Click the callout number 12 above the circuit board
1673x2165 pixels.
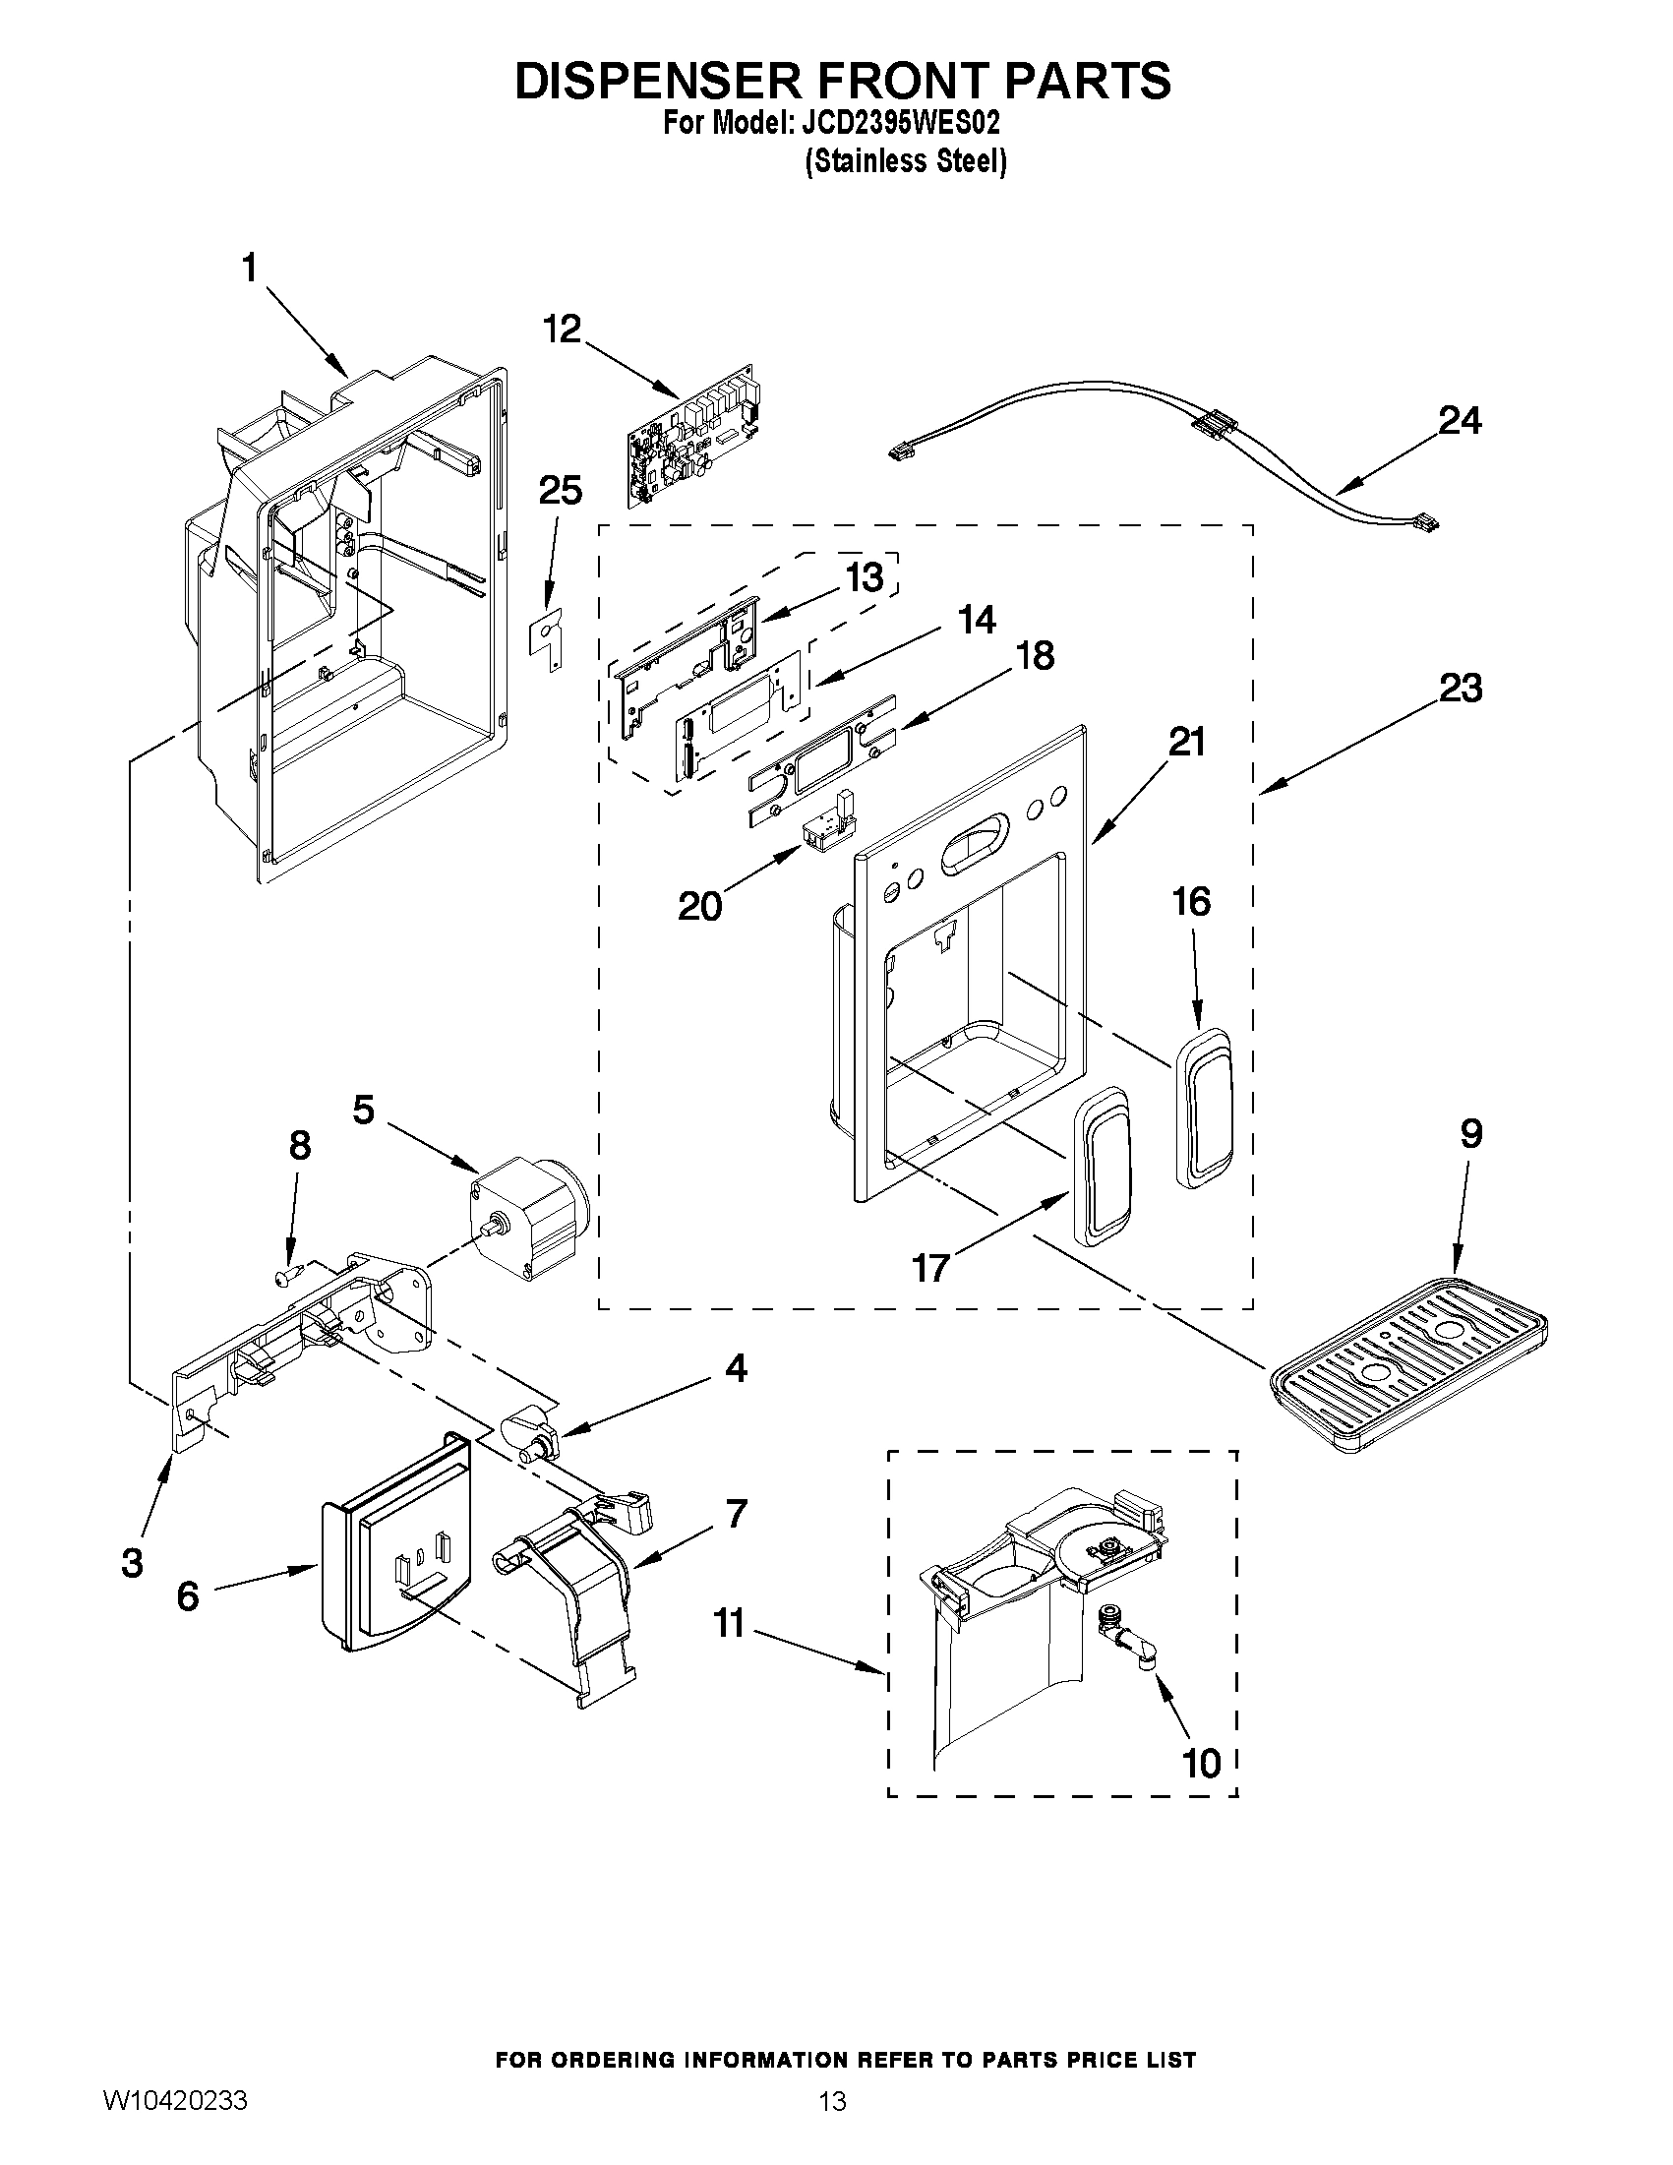pos(562,329)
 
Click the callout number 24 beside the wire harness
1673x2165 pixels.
pos(1460,421)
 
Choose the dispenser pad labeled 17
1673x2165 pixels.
pos(1100,1166)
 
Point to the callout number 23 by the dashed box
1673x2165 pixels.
pos(1460,687)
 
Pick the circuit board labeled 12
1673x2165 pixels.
pos(693,436)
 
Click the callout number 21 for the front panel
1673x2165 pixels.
pos(1186,742)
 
